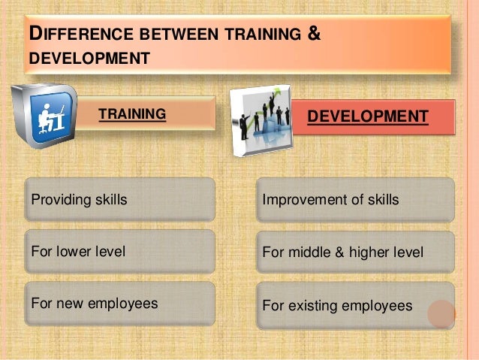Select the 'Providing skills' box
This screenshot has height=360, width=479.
click(120, 200)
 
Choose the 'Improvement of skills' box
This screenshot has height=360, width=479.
click(354, 200)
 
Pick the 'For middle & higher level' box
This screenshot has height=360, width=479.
click(354, 253)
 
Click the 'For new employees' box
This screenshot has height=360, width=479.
click(120, 304)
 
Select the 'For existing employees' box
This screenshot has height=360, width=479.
click(354, 305)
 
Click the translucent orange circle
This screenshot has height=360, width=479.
click(442, 314)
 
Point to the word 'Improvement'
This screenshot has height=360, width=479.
click(299, 201)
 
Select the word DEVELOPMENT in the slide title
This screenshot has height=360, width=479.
click(85, 56)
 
